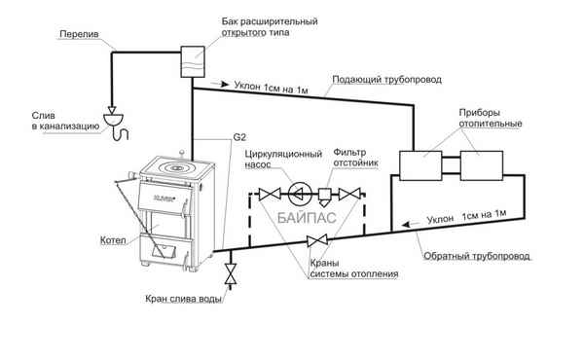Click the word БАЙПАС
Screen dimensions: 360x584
point(308,218)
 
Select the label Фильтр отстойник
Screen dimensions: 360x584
point(353,159)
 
